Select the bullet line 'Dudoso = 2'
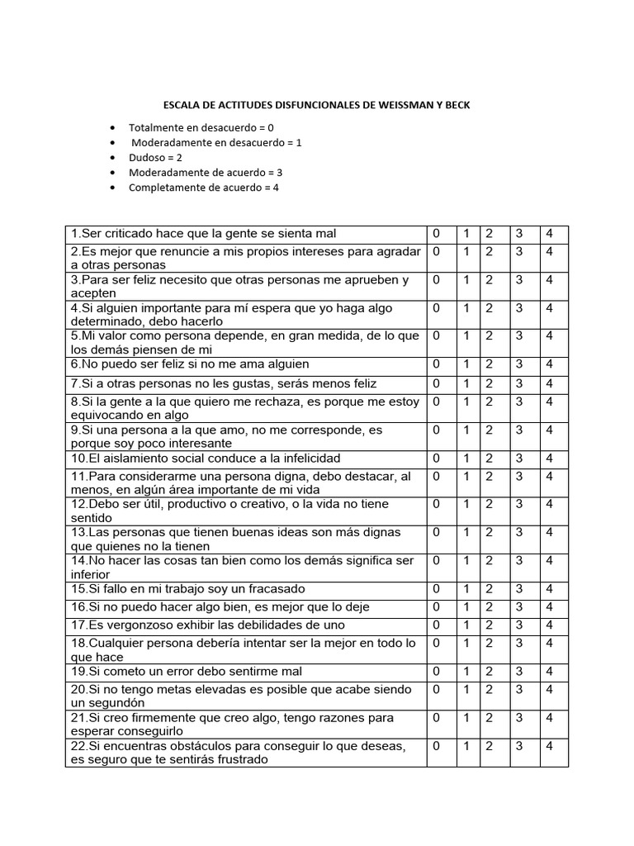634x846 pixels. [x=155, y=157]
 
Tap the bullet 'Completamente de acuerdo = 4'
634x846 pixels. [x=204, y=187]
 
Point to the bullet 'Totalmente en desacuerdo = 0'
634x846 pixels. [x=201, y=127]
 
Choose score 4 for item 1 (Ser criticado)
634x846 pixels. [x=550, y=234]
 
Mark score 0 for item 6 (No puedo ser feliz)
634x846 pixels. [x=437, y=364]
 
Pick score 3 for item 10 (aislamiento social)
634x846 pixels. [x=519, y=459]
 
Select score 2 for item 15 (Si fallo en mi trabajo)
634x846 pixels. [x=489, y=589]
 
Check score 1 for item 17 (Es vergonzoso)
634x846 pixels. [x=466, y=625]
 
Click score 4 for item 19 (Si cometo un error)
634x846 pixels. [x=550, y=672]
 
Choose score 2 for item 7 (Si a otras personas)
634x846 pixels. [x=489, y=384]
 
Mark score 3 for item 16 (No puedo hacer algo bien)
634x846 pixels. [x=519, y=607]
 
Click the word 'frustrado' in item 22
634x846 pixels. [x=238, y=760]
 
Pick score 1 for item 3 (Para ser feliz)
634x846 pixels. [x=466, y=280]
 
